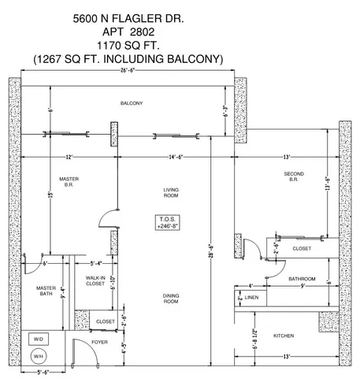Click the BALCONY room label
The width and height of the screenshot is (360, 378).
131,104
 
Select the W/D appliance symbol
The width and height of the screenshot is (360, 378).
37,339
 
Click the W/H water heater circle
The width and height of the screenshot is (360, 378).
37,356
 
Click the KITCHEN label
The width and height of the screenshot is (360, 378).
284,336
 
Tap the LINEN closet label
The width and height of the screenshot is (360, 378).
252,298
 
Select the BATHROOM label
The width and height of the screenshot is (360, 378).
302,279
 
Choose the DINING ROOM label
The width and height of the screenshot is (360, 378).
171,299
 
